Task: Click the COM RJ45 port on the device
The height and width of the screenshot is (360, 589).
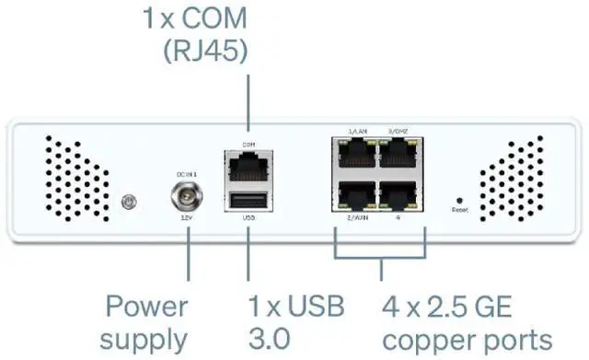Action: click(x=248, y=166)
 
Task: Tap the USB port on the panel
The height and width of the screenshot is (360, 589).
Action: click(x=248, y=200)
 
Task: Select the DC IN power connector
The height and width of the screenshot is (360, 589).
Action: click(x=188, y=197)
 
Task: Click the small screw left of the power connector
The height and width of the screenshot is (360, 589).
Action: click(x=130, y=200)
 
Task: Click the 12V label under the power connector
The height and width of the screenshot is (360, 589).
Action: click(x=187, y=218)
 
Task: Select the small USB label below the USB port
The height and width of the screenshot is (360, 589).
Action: click(x=248, y=219)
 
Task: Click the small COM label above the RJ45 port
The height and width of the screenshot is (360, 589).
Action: click(x=248, y=145)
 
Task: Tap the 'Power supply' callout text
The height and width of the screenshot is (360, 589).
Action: click(x=144, y=322)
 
